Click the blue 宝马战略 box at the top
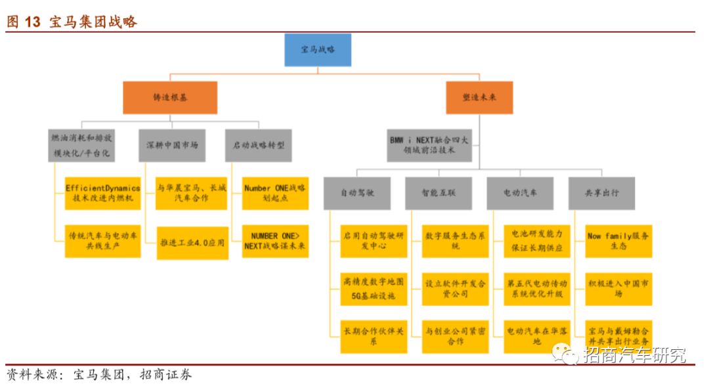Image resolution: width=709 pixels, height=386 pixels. tap(318, 50)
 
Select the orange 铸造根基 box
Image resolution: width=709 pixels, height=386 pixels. tap(170, 97)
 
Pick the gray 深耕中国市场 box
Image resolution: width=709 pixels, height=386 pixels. tap(172, 145)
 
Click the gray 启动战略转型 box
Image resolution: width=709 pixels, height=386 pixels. tap(259, 145)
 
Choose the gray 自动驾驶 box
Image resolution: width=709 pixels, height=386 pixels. tap(357, 194)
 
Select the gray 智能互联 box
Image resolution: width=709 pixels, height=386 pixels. tap(439, 194)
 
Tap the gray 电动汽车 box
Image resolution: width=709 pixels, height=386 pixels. tap(520, 194)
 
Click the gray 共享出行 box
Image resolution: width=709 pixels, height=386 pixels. tap(601, 194)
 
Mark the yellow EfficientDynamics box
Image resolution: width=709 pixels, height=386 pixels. tap(102, 194)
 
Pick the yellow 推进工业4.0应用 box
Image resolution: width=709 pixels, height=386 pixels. tap(192, 242)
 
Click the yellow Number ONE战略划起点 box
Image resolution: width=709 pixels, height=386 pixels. tap(275, 194)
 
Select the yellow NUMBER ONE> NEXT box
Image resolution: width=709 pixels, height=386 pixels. tap(275, 242)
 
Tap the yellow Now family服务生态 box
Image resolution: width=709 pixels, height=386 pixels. tap(619, 241)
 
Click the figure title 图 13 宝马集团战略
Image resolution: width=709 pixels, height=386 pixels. tap(72, 22)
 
